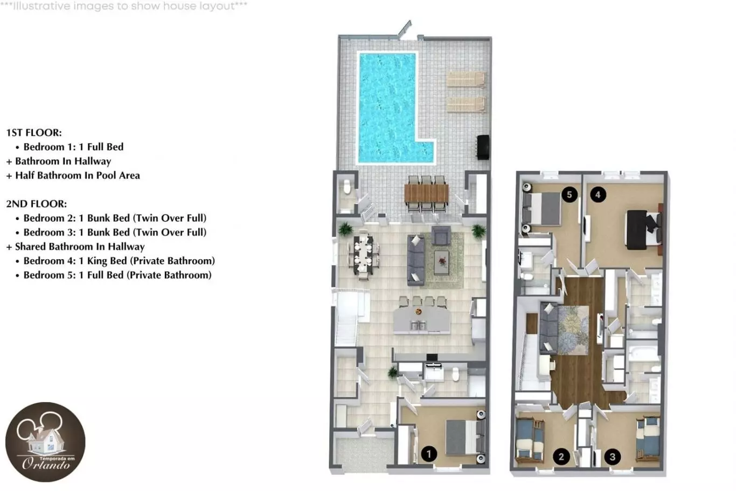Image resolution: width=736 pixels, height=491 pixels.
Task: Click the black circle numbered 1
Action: point(428,454)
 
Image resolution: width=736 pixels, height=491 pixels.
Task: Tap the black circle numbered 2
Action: point(561,457)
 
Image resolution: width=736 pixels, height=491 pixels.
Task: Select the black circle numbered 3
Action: point(613,457)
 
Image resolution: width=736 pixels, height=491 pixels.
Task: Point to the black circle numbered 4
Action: point(598,195)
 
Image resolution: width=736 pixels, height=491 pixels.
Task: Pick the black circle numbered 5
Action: point(570,195)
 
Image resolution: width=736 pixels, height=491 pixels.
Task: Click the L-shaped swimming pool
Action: point(388,108)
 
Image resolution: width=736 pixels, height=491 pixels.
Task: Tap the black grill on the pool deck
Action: point(483,147)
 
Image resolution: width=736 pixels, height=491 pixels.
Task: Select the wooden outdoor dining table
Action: point(427,193)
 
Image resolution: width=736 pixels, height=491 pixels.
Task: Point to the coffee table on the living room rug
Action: point(442,262)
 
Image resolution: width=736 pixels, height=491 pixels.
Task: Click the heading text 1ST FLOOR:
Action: point(34,133)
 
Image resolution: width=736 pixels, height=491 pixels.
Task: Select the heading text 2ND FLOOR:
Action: point(37,204)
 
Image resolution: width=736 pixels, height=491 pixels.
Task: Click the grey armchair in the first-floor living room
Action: point(441,235)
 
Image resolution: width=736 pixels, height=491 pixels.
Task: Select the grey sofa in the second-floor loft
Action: point(548,328)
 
